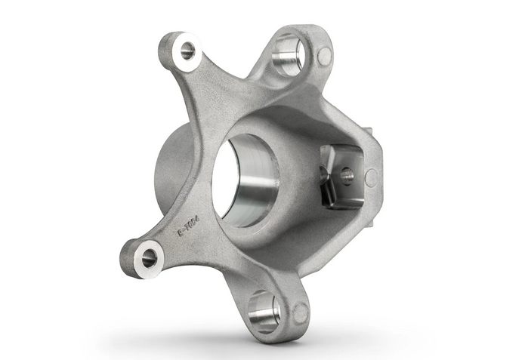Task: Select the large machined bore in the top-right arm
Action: click(289, 57)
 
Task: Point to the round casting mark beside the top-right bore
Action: click(324, 55)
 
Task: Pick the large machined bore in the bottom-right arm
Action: click(264, 310)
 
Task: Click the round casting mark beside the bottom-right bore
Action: click(300, 312)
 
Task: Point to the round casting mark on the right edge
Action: click(370, 178)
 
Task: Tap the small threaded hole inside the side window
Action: click(347, 175)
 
